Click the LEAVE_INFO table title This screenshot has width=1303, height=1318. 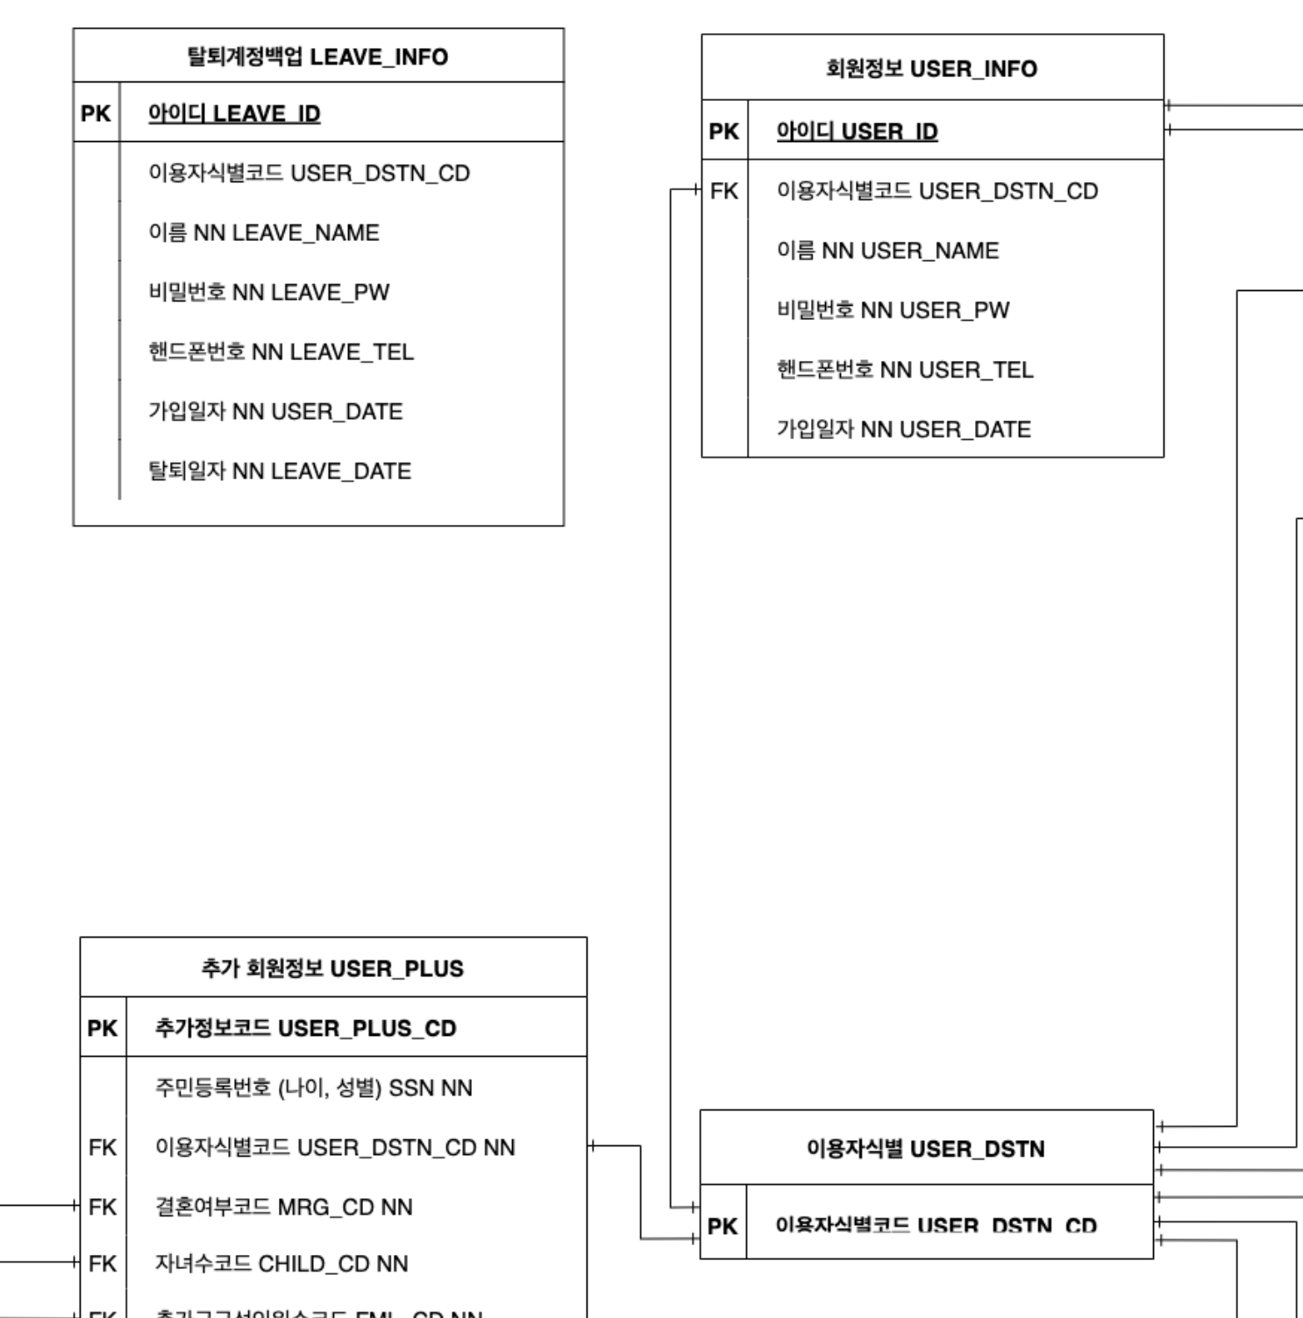(x=317, y=57)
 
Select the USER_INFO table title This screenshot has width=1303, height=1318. (x=931, y=68)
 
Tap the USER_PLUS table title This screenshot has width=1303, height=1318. (x=332, y=968)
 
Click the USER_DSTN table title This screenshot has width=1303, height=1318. (x=925, y=1149)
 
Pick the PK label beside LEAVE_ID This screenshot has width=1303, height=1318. (x=96, y=114)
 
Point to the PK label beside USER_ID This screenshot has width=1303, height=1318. (x=724, y=131)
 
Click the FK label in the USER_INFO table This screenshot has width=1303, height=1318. (x=724, y=191)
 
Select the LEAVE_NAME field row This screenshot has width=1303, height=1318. (x=264, y=233)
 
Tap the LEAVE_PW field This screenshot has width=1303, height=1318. (x=268, y=293)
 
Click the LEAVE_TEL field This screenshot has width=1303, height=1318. (x=281, y=352)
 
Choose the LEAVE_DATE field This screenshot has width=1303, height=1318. (x=280, y=471)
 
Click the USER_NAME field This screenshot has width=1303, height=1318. (x=887, y=251)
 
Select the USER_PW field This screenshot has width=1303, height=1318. (x=893, y=310)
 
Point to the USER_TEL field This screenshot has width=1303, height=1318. (x=905, y=370)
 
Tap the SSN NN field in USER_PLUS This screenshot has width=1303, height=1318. (x=314, y=1088)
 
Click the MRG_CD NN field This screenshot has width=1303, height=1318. (x=283, y=1208)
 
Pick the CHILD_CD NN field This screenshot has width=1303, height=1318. (x=281, y=1264)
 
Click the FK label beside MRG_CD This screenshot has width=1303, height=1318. (x=103, y=1208)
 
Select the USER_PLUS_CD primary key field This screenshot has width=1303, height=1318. (x=306, y=1028)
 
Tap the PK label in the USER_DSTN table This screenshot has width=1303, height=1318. (x=723, y=1227)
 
